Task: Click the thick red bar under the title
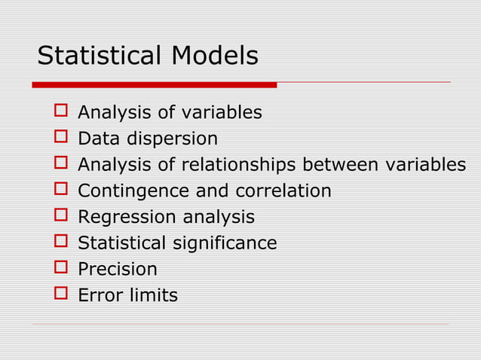coord(155,84)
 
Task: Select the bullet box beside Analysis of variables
coord(61,113)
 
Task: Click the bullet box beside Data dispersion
coord(61,139)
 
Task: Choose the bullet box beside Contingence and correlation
coord(61,191)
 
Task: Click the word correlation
coord(283,191)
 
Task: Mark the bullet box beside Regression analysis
coord(61,218)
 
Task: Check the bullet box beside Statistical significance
coord(61,243)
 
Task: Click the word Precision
coord(118,270)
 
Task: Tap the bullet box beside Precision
coord(61,270)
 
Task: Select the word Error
coord(99,295)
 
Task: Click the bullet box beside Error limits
coord(61,295)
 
